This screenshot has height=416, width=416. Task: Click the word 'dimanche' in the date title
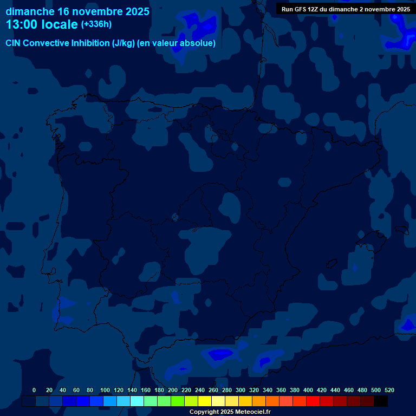coord(29,11)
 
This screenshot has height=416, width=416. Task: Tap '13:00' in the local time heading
coord(22,25)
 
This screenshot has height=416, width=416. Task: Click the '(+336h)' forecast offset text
coord(96,24)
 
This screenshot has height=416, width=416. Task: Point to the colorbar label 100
coord(105,390)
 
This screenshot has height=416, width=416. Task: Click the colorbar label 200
coord(173,390)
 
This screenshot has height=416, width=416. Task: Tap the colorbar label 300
coord(240,390)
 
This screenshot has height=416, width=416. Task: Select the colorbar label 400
coord(308,390)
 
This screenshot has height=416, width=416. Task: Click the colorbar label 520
coord(389,390)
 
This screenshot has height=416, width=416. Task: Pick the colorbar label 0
coord(34,390)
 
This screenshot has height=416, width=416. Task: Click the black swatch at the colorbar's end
coord(381,401)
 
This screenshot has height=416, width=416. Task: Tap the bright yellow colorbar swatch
coord(205,401)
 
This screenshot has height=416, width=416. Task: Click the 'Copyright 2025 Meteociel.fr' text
coord(230,412)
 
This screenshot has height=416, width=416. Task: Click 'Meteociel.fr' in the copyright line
coord(252,412)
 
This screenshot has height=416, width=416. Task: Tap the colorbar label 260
coord(213,390)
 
